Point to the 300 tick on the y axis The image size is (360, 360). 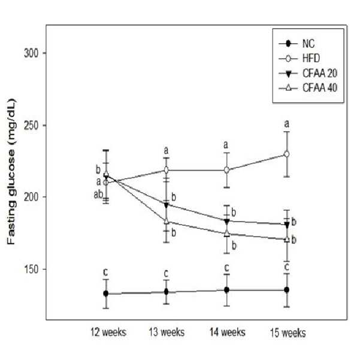click(31, 53)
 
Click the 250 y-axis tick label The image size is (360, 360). click(31, 126)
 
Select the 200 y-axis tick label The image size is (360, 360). click(31, 197)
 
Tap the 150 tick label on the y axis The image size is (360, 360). click(31, 270)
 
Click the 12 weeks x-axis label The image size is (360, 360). click(108, 332)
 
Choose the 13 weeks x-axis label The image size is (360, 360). click(167, 332)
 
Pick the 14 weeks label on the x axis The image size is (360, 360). click(228, 332)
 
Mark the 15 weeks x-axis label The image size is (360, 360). click(288, 332)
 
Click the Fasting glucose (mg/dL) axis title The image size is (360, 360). click(11, 171)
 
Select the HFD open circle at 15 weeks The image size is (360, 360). click(286, 154)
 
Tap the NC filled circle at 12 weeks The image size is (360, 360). click(106, 294)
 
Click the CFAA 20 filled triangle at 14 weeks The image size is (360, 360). click(227, 221)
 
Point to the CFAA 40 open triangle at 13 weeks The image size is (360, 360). click(167, 221)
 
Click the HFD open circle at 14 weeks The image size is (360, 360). click(226, 170)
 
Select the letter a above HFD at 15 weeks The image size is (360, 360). click(286, 124)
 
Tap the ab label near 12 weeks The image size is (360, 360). click(98, 195)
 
